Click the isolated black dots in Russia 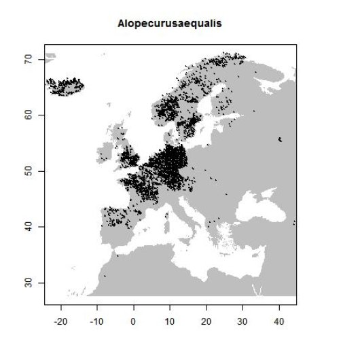(281, 140)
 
